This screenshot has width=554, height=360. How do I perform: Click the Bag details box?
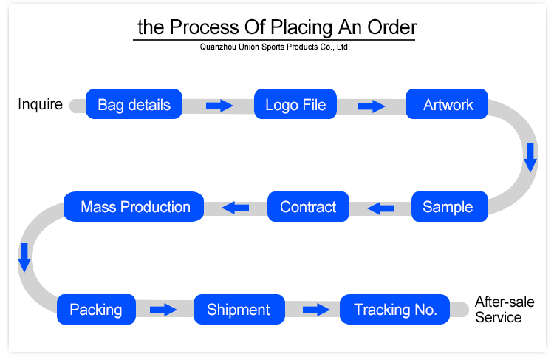click(x=134, y=104)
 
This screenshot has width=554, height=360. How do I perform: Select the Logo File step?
click(x=295, y=104)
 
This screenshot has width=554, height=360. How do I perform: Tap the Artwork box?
click(x=448, y=104)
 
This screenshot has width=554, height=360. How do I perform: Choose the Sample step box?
click(x=448, y=207)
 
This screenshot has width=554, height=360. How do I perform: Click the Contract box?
click(x=308, y=207)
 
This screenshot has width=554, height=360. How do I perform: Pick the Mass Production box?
click(x=135, y=207)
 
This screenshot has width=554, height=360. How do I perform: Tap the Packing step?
click(x=96, y=310)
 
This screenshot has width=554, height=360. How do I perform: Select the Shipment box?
click(x=239, y=310)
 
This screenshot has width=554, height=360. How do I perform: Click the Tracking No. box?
click(x=395, y=310)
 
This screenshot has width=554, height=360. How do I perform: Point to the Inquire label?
click(x=40, y=104)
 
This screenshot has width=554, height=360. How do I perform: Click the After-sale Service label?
click(x=504, y=310)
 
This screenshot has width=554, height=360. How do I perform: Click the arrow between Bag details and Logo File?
click(x=219, y=106)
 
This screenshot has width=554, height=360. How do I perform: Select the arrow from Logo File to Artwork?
click(x=372, y=106)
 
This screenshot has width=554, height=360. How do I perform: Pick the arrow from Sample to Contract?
click(x=382, y=208)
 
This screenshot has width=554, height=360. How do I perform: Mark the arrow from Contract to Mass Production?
click(x=236, y=208)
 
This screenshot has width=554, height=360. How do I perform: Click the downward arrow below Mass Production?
click(x=24, y=255)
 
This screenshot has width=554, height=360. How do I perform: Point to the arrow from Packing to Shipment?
click(x=163, y=310)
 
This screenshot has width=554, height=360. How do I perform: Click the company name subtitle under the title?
click(x=275, y=47)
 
